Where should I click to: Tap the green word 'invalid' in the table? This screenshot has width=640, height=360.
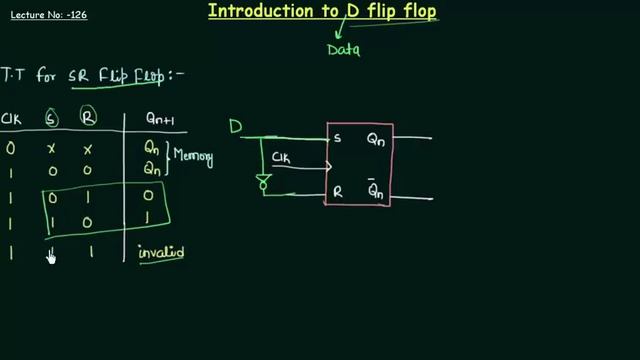pyautogui.click(x=162, y=253)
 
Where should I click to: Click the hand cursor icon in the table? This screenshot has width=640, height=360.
pyautogui.click(x=50, y=257)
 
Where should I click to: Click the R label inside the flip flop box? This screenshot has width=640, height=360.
pyautogui.click(x=338, y=195)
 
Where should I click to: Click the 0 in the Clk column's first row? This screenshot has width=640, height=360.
pyautogui.click(x=11, y=147)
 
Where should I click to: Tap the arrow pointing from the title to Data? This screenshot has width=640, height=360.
pyautogui.click(x=338, y=32)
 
